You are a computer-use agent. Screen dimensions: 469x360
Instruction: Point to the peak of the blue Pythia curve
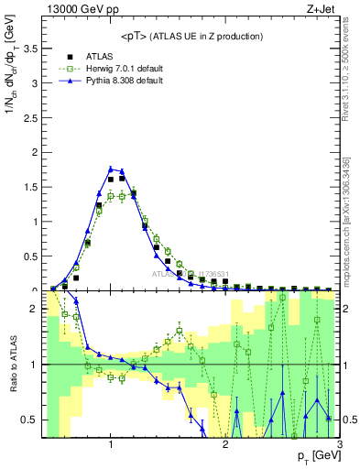[111, 169]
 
